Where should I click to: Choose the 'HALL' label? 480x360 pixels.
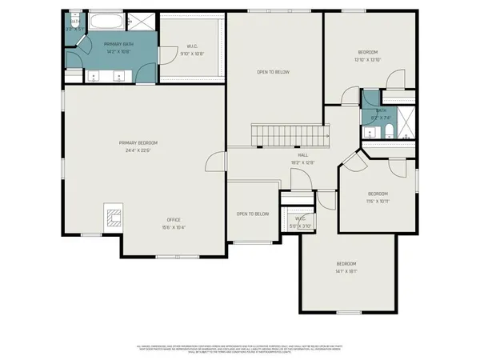pyautogui.click(x=303, y=155)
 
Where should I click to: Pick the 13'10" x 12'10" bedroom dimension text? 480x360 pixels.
pyautogui.click(x=368, y=59)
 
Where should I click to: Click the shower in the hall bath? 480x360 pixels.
pyautogui.click(x=406, y=122)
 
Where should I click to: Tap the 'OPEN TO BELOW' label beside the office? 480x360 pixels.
pyautogui.click(x=252, y=214)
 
